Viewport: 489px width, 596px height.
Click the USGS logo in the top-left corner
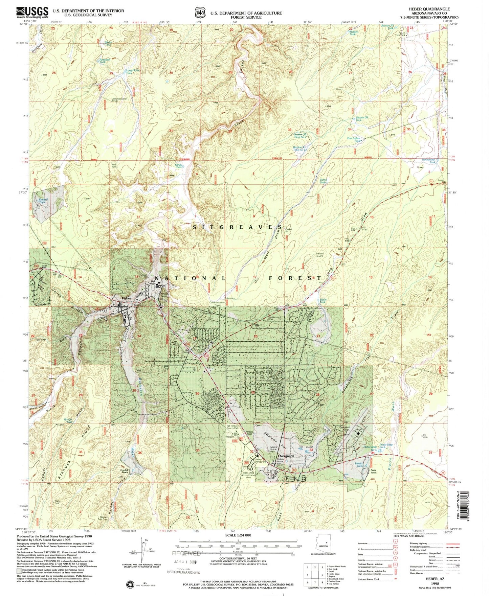point(32,13)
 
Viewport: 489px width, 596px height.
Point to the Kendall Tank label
point(42,201)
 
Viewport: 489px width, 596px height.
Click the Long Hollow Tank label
point(133,72)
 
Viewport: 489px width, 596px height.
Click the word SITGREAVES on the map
point(238,227)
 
